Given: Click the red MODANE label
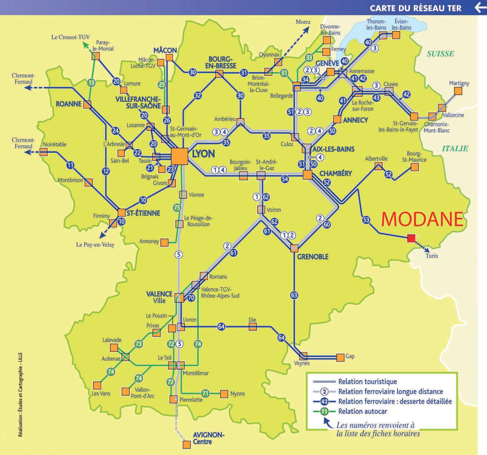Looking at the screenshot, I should [422, 219].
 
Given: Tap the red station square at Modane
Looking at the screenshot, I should [411, 238].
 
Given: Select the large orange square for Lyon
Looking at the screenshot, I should [179, 156].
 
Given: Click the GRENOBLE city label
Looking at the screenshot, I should [313, 257].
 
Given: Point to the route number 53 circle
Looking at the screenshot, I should [366, 220].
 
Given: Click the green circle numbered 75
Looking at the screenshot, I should [177, 208].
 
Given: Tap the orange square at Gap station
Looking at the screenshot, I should [340, 358].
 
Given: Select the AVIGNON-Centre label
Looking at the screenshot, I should [208, 438].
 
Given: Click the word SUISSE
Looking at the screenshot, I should [440, 54].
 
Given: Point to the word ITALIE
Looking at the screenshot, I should [455, 149].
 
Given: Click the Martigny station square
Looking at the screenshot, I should [458, 91].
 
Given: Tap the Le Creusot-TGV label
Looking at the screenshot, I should [70, 37].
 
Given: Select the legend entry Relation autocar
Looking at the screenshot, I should [363, 411].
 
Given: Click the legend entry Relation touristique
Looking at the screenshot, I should [367, 382].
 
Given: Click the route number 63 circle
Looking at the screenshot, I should [294, 295].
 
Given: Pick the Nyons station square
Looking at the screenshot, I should [224, 394].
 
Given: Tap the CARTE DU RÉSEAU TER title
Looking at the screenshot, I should [415, 8].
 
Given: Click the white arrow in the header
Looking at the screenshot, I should [480, 7].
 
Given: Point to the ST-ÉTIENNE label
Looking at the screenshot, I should [143, 213].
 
